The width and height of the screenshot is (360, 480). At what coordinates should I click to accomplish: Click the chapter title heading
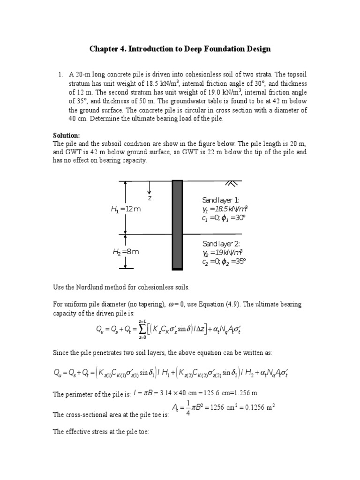(180, 49)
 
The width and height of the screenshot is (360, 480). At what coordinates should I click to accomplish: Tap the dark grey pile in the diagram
(177, 225)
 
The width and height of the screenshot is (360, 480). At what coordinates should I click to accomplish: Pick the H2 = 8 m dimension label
(126, 252)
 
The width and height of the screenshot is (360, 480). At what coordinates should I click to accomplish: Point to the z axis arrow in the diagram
(149, 189)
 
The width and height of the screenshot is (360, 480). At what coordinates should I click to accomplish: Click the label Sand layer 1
(221, 200)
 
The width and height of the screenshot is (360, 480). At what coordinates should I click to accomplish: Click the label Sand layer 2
(221, 244)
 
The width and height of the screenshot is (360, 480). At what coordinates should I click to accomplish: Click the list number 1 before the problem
(60, 75)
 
